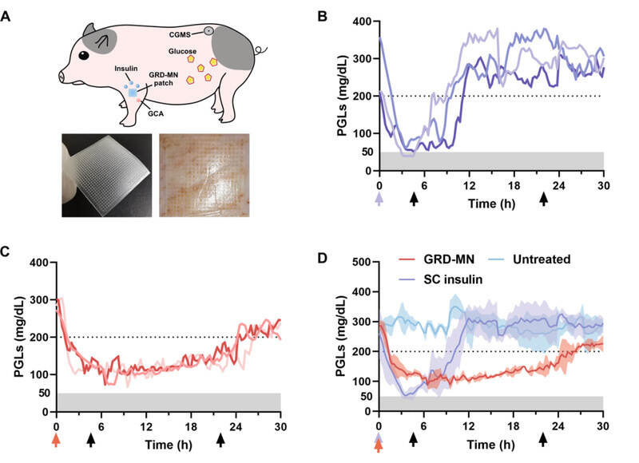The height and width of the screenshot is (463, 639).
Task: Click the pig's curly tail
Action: click(x=259, y=52)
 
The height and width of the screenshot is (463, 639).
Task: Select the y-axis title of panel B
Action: click(x=342, y=95)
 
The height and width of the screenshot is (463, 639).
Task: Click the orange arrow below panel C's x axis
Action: click(x=56, y=438)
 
